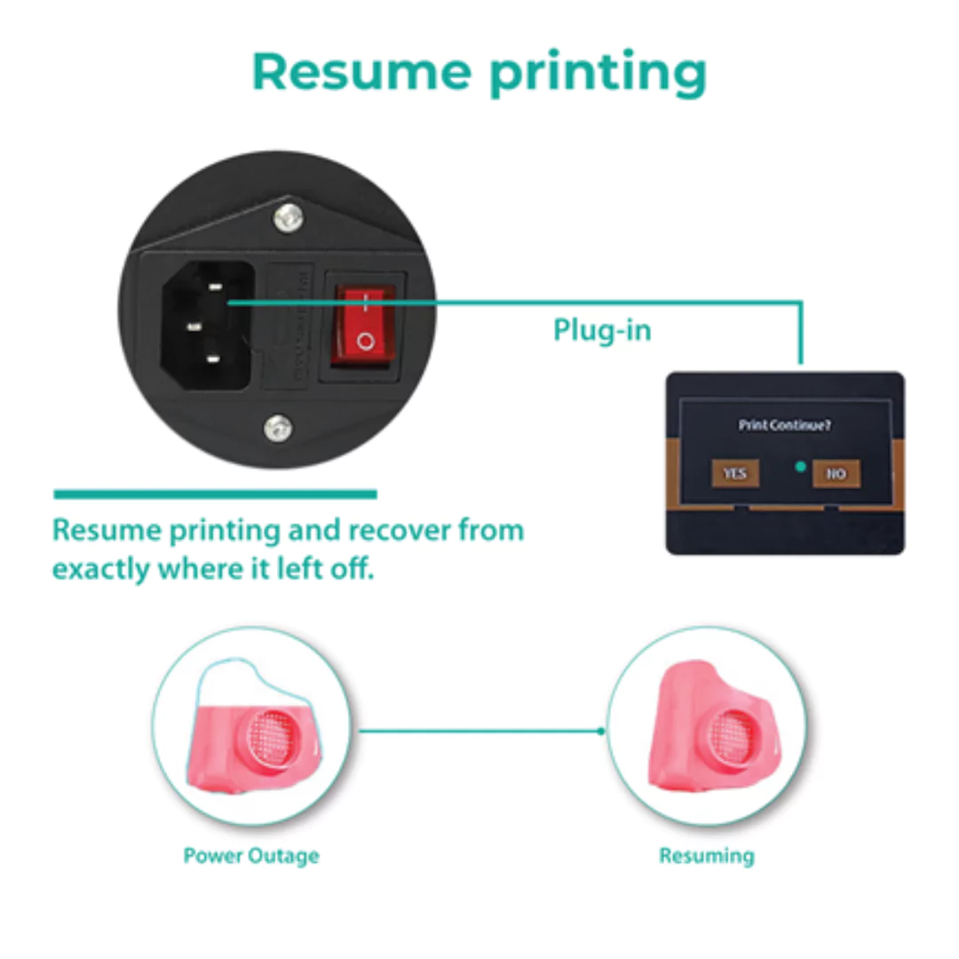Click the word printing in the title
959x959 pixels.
pos(598,73)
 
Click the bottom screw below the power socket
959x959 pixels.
pos(279,427)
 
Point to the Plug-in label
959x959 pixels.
pos(602,330)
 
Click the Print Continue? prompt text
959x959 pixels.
pos(785,425)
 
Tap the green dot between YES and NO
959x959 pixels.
pos(800,466)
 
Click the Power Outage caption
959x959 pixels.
pos(251,856)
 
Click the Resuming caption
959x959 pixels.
pos(706,856)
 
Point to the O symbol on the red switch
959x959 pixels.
pos(365,340)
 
